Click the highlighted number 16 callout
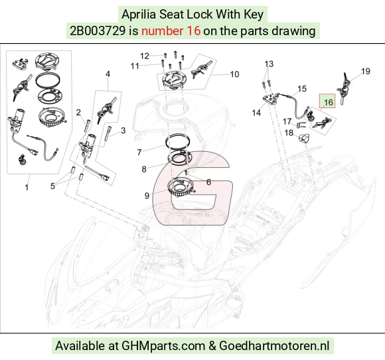click(x=329, y=102)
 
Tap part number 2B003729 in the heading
click(x=98, y=31)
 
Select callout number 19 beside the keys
click(x=366, y=72)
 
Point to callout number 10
click(x=234, y=74)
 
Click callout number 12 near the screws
click(x=145, y=56)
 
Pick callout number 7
click(x=139, y=152)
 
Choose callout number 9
click(x=147, y=196)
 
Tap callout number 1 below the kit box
click(x=27, y=188)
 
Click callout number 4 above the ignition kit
click(x=108, y=74)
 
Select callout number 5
click(x=52, y=186)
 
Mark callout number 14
click(x=256, y=113)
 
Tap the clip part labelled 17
click(x=301, y=125)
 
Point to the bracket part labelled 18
click(x=304, y=139)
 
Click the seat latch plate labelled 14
click(x=271, y=99)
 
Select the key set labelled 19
click(x=344, y=88)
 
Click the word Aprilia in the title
click(x=139, y=14)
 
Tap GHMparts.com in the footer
click(x=163, y=346)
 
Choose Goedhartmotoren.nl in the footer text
click(x=274, y=346)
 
